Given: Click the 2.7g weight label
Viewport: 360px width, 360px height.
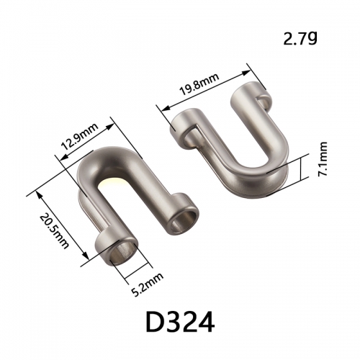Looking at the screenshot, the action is point(300,38).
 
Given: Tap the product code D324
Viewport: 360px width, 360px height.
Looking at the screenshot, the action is point(180,322).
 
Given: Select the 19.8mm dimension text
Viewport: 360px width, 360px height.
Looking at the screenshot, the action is point(199,84).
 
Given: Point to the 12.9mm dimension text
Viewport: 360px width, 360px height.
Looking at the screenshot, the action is point(80,137).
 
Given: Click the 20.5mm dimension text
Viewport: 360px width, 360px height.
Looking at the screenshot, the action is point(54,232).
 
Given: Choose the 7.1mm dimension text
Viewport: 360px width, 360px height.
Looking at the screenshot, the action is point(323,159).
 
